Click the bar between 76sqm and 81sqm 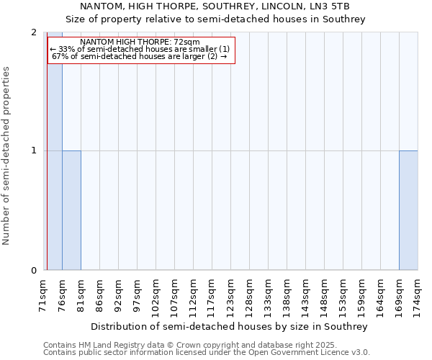click(71, 210)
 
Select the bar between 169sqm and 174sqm click(408, 210)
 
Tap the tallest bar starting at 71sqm click(54, 166)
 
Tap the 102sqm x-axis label click(156, 296)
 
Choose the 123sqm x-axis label click(230, 296)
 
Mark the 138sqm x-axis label click(287, 296)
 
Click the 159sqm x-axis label click(361, 296)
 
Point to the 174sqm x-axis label click(418, 296)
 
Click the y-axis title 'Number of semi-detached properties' click(7, 156)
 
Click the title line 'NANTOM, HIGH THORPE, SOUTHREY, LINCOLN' click(215, 7)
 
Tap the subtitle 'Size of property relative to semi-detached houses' click(215, 19)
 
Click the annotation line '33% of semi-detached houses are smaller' click(140, 49)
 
